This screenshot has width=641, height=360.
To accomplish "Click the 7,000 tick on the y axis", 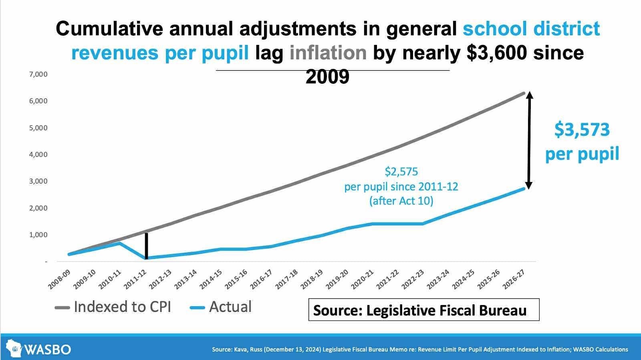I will [x=38, y=74].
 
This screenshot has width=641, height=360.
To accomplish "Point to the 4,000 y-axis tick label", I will [x=38, y=154].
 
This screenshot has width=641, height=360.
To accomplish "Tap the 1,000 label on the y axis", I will [x=38, y=235].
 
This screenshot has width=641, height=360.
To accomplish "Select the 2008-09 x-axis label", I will [x=59, y=279].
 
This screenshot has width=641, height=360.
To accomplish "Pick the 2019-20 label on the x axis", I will [x=337, y=279].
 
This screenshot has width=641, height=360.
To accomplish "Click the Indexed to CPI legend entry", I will [x=113, y=307].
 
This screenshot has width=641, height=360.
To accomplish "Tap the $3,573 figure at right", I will [x=582, y=130].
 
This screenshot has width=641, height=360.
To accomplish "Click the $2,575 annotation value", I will [x=401, y=172].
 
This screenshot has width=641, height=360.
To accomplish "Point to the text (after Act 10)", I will [x=401, y=200].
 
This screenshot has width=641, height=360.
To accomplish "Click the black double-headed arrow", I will [x=529, y=140].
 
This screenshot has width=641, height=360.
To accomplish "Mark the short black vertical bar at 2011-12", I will [x=147, y=245].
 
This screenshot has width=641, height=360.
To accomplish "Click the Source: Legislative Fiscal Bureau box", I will [x=423, y=310].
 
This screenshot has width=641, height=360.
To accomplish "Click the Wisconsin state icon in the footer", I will [x=14, y=348].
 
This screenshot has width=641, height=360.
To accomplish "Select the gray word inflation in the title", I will [x=328, y=53].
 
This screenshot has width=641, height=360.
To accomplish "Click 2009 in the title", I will [x=327, y=77].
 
